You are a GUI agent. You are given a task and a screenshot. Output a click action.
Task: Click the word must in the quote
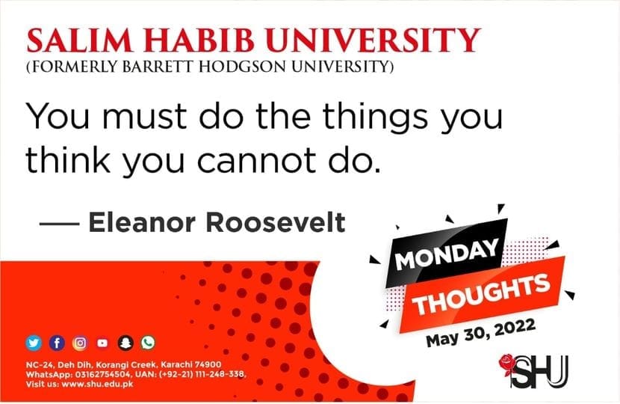(144, 117)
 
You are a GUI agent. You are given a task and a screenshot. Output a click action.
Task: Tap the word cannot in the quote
(256, 161)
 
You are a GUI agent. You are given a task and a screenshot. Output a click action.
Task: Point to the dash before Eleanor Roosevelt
(59, 224)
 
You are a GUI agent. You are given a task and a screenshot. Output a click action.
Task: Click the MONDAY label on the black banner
(447, 254)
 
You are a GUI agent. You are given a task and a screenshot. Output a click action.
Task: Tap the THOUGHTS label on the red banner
(481, 295)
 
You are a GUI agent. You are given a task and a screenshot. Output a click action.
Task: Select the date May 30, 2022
(481, 332)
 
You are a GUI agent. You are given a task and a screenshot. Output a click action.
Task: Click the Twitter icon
(34, 343)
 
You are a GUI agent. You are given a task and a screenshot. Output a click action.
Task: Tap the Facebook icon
(57, 343)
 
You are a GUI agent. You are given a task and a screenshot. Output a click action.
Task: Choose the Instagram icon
(80, 343)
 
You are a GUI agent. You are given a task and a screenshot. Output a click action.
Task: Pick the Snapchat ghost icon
(125, 343)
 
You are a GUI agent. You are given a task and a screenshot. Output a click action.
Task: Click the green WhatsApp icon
(149, 343)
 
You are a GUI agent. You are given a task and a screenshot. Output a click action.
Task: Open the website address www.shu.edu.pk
(98, 385)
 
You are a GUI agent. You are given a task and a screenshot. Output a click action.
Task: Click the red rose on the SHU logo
(506, 364)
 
